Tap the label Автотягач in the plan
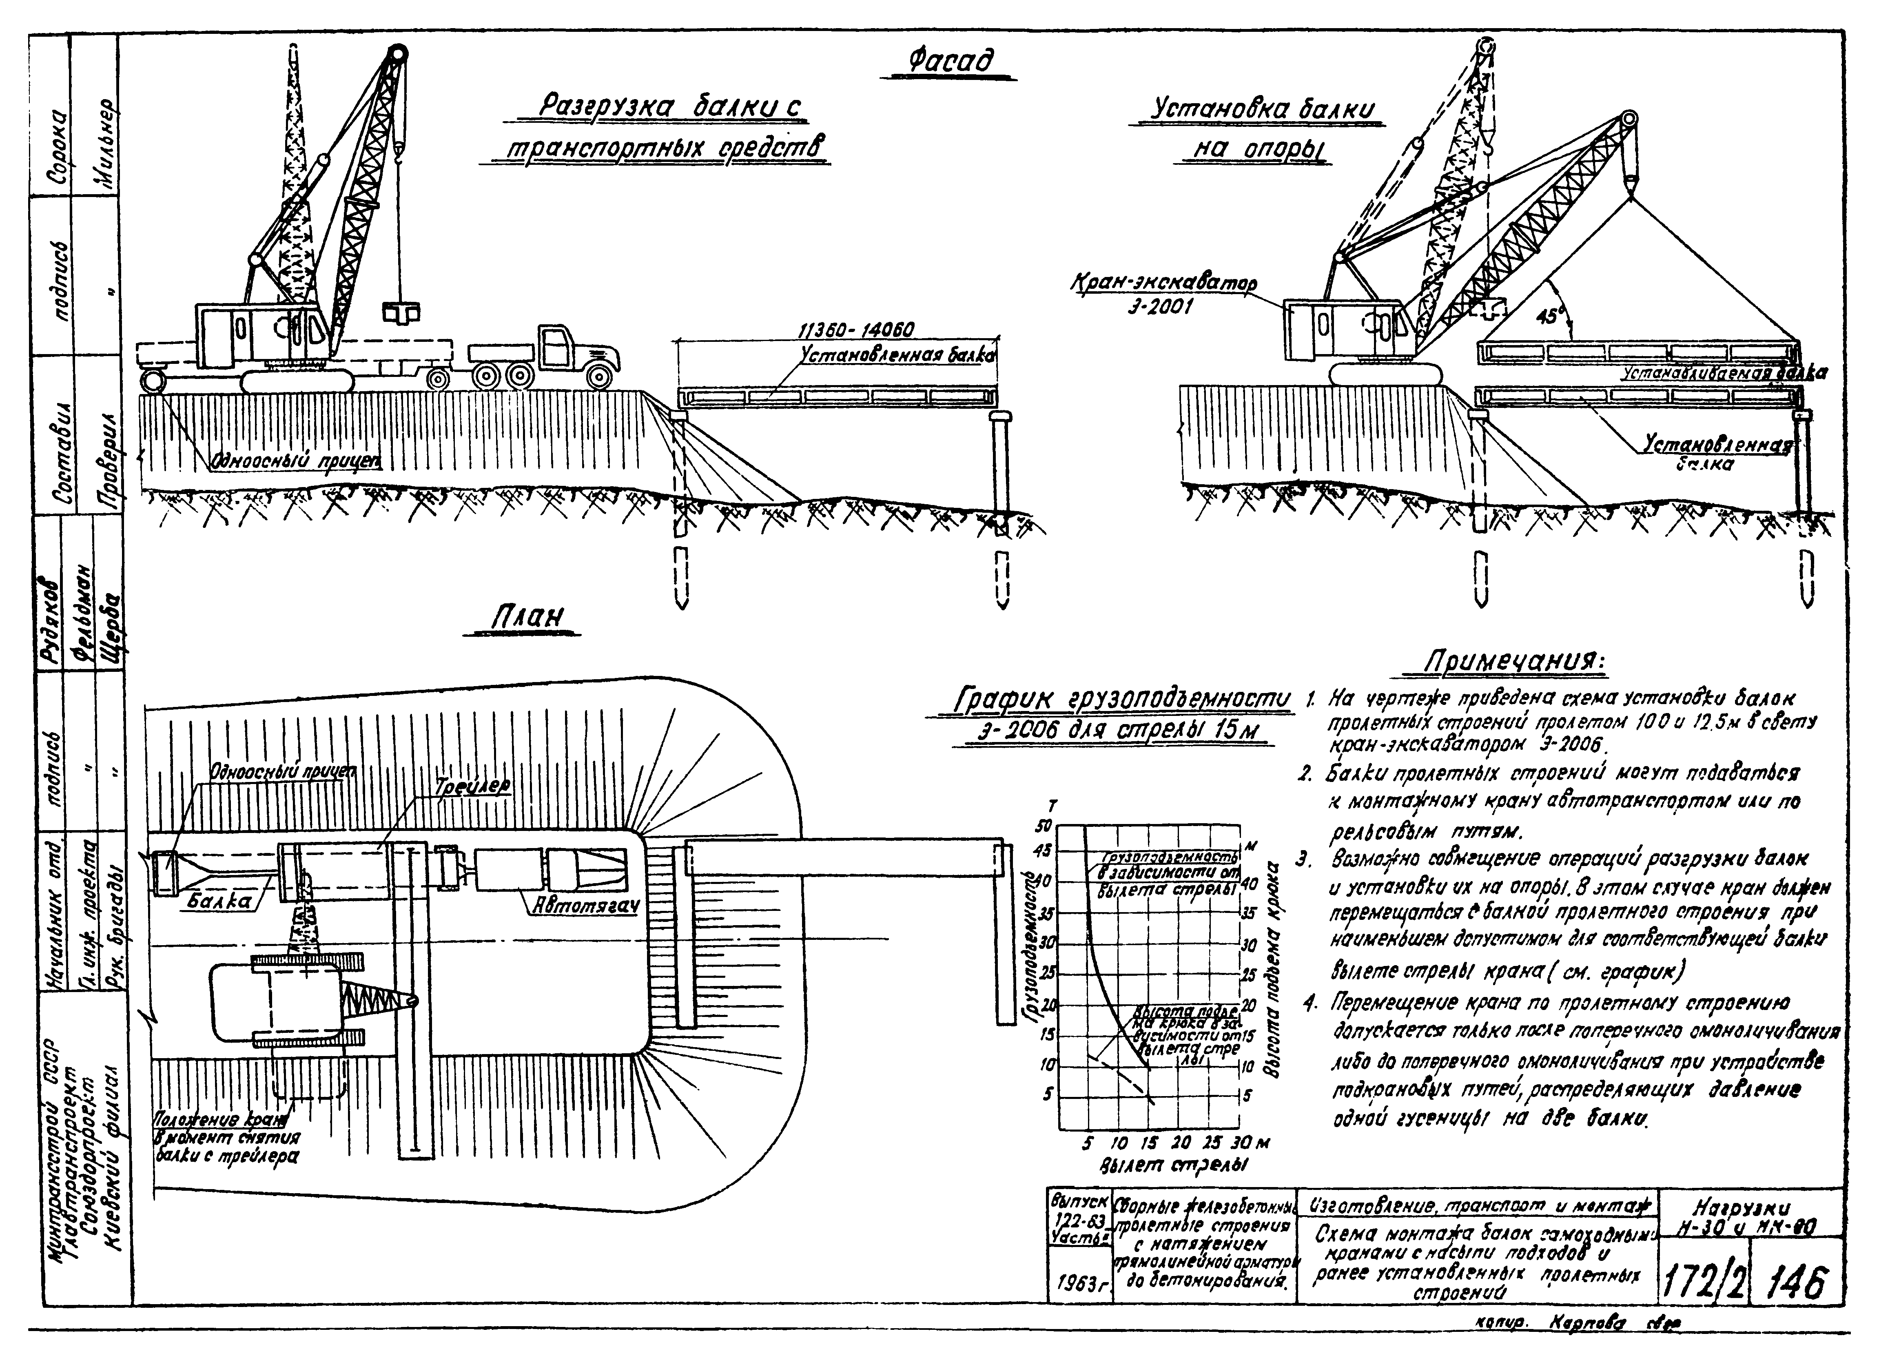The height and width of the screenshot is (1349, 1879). [x=585, y=907]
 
